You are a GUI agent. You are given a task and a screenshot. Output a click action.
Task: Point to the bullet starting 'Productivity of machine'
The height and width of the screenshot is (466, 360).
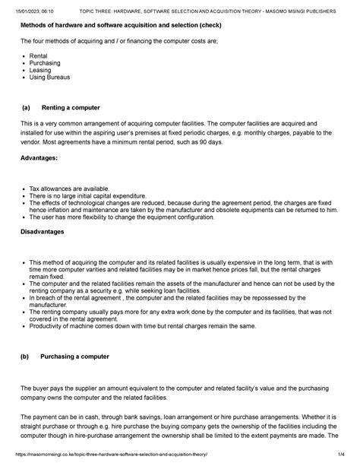(144, 326)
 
